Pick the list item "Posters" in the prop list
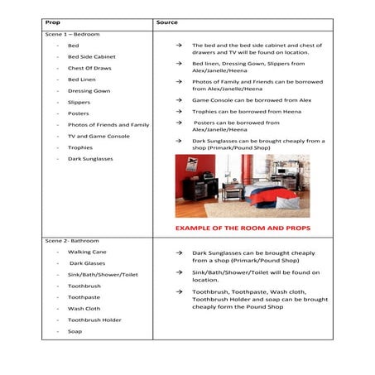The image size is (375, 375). pos(79,113)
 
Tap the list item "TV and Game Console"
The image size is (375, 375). pos(99,136)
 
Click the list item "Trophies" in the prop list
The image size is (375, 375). pos(80,147)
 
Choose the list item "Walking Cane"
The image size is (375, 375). pos(86,252)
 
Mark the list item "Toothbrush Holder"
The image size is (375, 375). pos(94,320)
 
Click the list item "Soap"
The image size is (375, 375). pos(75,331)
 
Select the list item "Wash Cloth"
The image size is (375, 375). pos(84,309)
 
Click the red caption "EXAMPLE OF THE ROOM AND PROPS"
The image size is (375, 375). pos(241,225)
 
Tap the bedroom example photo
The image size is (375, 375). pos(242,185)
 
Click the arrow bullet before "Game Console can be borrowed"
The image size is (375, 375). pos(179,99)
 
